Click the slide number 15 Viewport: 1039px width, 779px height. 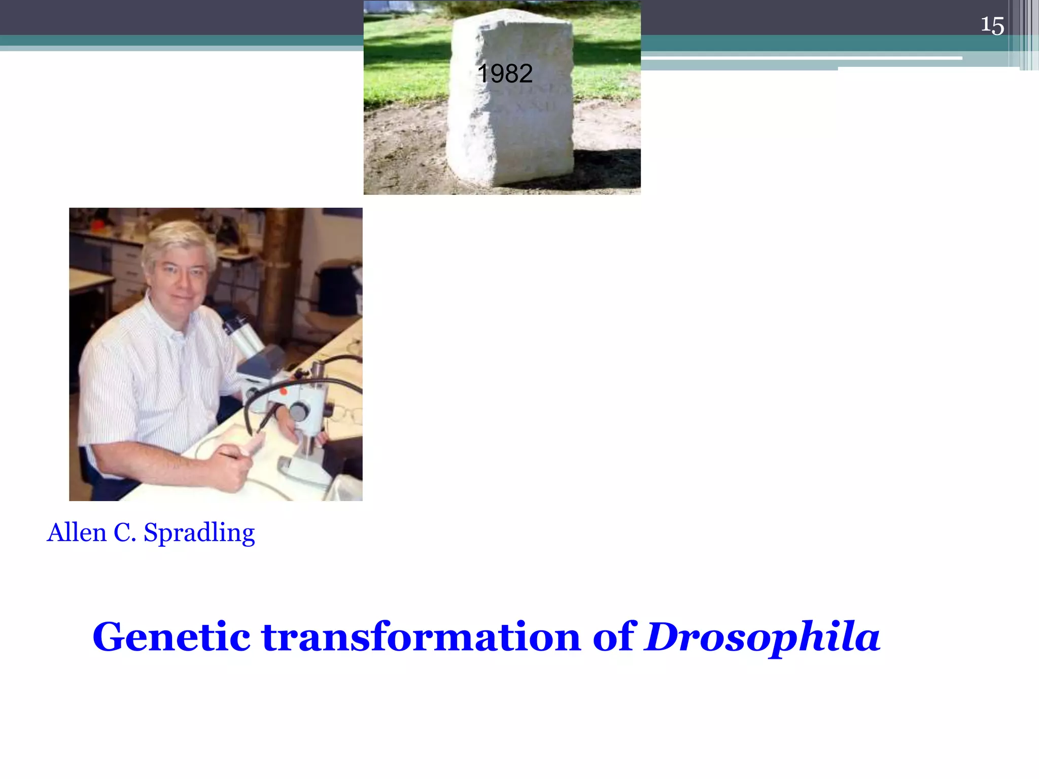pos(992,25)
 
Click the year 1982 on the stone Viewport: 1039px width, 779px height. pos(505,74)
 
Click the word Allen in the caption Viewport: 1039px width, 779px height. pos(77,533)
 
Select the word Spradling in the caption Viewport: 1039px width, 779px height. pos(199,534)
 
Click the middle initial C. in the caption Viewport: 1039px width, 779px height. pos(125,533)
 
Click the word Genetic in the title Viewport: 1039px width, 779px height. pos(171,637)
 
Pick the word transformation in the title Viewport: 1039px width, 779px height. pos(421,637)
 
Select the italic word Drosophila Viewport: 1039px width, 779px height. pos(762,638)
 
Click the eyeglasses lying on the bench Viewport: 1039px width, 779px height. pos(348,413)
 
